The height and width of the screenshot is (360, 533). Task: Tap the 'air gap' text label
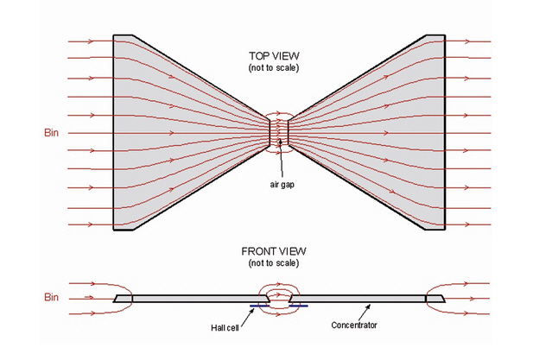tap(281, 185)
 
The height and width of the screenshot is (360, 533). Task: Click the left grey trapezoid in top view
tap(173, 134)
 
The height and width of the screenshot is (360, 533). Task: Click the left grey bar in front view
tap(190, 298)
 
